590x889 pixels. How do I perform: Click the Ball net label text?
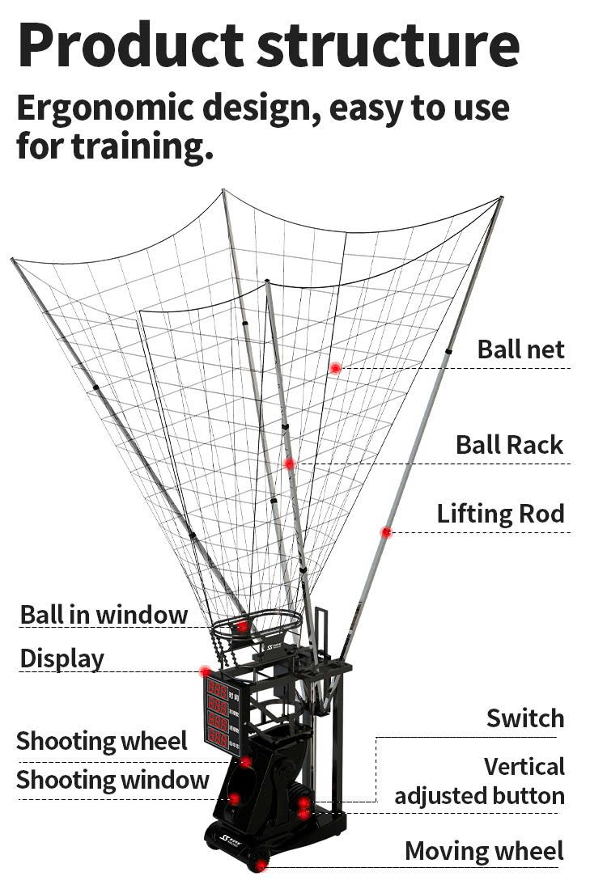pyautogui.click(x=520, y=349)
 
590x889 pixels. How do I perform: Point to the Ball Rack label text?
pyautogui.click(x=509, y=445)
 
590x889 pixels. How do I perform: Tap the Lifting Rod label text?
pyautogui.click(x=500, y=514)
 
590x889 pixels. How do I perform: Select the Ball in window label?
pyautogui.click(x=104, y=614)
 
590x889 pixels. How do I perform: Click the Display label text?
pyautogui.click(x=62, y=658)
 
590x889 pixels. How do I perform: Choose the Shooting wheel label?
pyautogui.click(x=102, y=740)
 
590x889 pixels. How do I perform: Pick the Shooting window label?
pyautogui.click(x=112, y=781)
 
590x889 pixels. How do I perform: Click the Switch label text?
pyautogui.click(x=524, y=718)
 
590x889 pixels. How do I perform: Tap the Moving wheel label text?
pyautogui.click(x=484, y=851)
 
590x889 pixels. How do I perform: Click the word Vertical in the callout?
pyautogui.click(x=524, y=766)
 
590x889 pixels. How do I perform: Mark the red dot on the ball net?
pyautogui.click(x=335, y=368)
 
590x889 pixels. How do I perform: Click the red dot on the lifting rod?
pyautogui.click(x=386, y=532)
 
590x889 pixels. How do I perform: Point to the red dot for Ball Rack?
pyautogui.click(x=289, y=464)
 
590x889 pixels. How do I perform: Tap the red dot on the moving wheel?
pyautogui.click(x=260, y=866)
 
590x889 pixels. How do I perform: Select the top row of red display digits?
pyautogui.click(x=217, y=688)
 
